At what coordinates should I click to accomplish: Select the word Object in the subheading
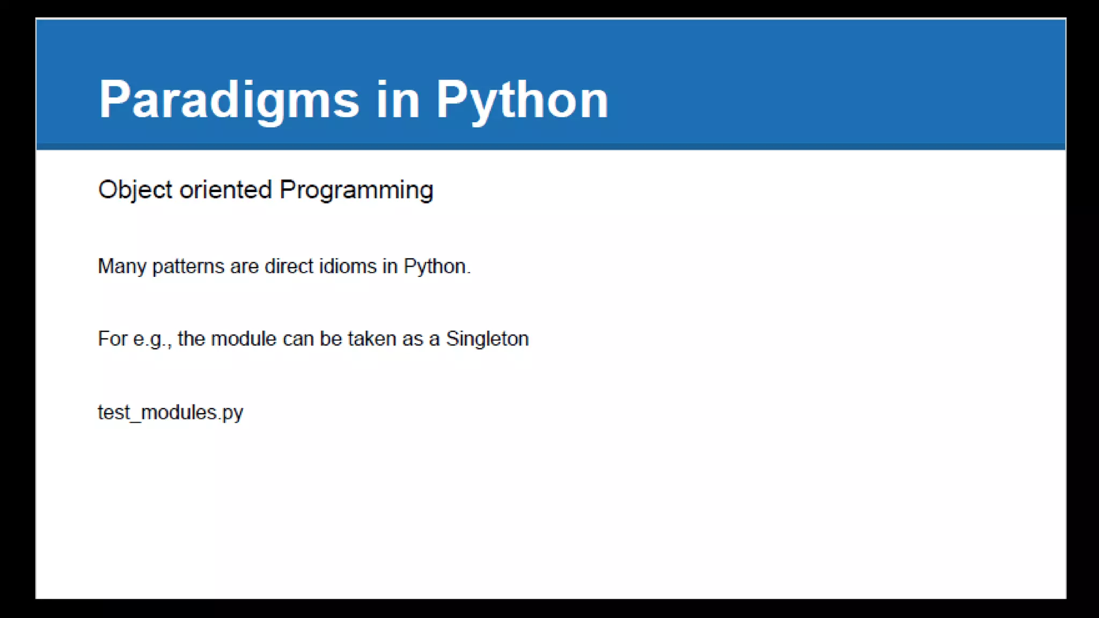pyautogui.click(x=135, y=190)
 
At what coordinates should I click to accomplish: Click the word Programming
pyautogui.click(x=356, y=190)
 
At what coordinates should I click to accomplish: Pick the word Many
pyautogui.click(x=122, y=267)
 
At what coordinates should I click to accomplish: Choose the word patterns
pyautogui.click(x=188, y=267)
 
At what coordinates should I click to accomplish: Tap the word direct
pyautogui.click(x=289, y=267)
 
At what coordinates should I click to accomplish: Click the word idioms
pyautogui.click(x=348, y=267)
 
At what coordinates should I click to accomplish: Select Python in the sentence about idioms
pyautogui.click(x=434, y=267)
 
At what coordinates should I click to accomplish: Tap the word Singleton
pyautogui.click(x=487, y=339)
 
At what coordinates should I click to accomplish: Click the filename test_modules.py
pyautogui.click(x=171, y=413)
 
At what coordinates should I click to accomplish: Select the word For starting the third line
pyautogui.click(x=112, y=339)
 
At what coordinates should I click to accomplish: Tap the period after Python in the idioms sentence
pyautogui.click(x=468, y=272)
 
